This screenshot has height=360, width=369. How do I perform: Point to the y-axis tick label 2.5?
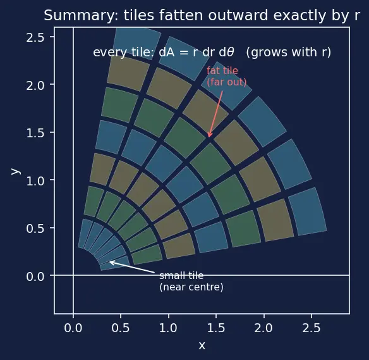pyautogui.click(x=35, y=37)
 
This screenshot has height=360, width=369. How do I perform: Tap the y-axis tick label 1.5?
pyautogui.click(x=35, y=133)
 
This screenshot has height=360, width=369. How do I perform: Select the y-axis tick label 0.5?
pyautogui.click(x=35, y=228)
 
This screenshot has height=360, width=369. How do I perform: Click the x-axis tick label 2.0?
pyautogui.click(x=263, y=328)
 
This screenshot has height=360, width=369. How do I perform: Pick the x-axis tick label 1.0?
pyautogui.click(x=168, y=328)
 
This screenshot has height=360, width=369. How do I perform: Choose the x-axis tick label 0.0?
pyautogui.click(x=73, y=328)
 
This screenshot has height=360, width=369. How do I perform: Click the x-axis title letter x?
pyautogui.click(x=202, y=346)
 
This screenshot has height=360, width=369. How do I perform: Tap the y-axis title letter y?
pyautogui.click(x=16, y=171)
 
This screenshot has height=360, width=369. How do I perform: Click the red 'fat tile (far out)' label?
pyautogui.click(x=227, y=77)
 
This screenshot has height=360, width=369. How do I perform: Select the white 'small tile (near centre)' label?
pyautogui.click(x=191, y=282)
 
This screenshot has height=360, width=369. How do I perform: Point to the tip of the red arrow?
pyautogui.click(x=209, y=137)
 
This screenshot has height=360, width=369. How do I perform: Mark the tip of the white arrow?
pyautogui.click(x=110, y=261)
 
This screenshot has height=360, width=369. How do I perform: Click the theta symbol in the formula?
pyautogui.click(x=231, y=52)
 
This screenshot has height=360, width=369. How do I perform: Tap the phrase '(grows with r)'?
pyautogui.click(x=289, y=53)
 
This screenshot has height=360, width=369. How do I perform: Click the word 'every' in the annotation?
pyautogui.click(x=110, y=53)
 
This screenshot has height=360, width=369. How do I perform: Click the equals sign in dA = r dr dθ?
pyautogui.click(x=184, y=53)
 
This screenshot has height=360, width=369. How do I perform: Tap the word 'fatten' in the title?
pyautogui.click(x=181, y=15)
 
